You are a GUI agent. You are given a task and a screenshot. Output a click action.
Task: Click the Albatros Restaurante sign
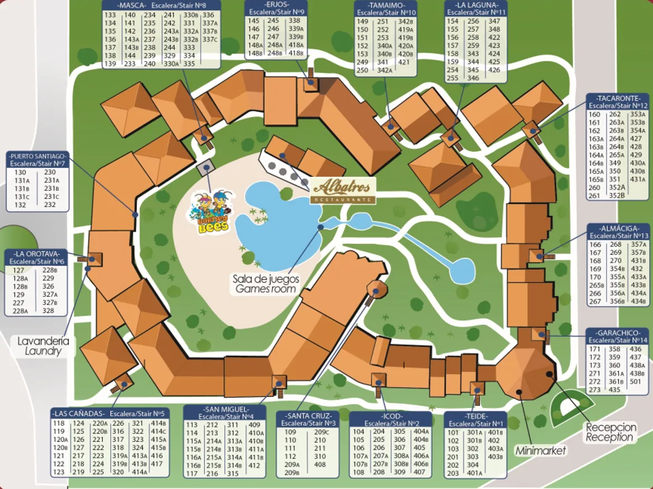click(x=343, y=190)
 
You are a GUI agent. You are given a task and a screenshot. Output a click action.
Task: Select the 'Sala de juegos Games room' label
click(x=266, y=283)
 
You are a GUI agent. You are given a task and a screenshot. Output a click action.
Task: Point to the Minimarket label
click(x=540, y=450)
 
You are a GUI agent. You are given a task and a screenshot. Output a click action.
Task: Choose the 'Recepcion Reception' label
click(x=610, y=432)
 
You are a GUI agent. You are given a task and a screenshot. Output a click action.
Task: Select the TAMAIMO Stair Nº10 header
click(x=386, y=8)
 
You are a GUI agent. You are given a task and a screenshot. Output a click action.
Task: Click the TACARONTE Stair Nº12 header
click(x=618, y=101)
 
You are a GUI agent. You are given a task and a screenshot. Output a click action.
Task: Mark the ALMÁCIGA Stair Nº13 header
click(x=618, y=232)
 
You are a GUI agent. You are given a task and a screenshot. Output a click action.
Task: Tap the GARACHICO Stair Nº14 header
click(x=618, y=336)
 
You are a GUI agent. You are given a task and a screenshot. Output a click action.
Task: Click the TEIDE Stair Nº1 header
click(x=476, y=420)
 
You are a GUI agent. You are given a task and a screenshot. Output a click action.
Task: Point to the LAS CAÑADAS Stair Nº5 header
click(x=109, y=414)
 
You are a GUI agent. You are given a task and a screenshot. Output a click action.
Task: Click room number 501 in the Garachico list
click(x=636, y=381)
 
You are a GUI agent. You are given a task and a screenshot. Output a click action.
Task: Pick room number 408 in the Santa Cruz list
click(x=320, y=464)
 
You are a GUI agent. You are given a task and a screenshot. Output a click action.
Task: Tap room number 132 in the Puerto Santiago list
click(x=21, y=205)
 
